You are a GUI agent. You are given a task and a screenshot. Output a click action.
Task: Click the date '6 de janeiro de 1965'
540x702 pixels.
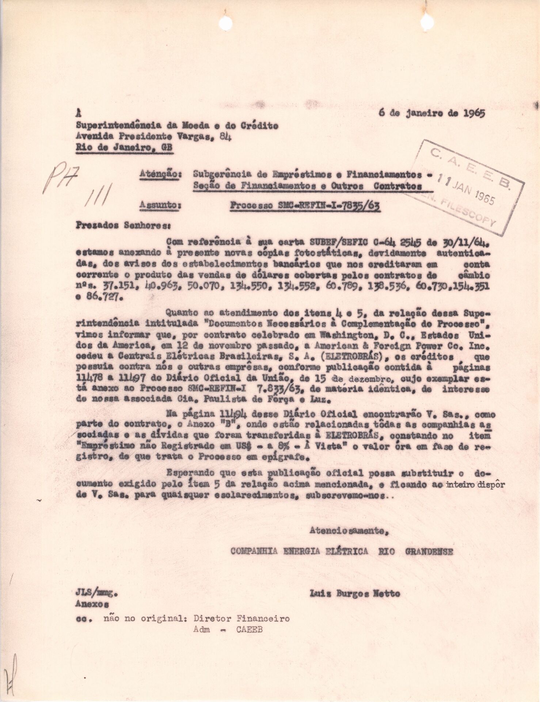click(x=431, y=113)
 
